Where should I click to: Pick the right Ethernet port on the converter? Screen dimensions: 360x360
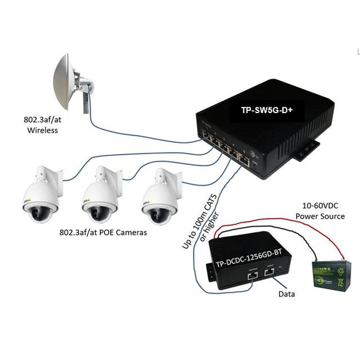coord(271,272)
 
